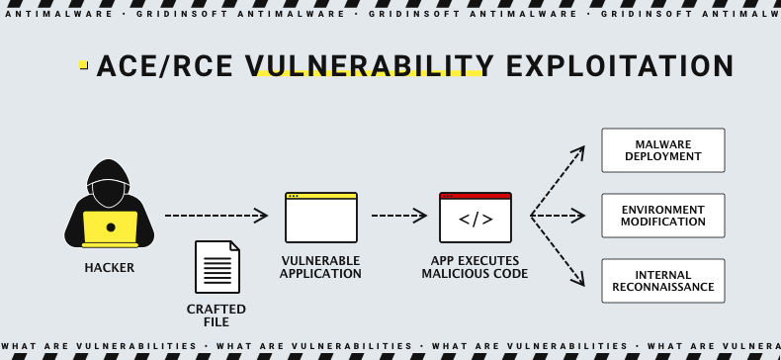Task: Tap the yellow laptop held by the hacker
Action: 110,228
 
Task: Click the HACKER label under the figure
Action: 109,268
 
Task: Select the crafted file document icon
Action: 217,267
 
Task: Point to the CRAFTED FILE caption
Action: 217,315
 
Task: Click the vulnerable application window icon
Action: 320,218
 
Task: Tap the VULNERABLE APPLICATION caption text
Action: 320,267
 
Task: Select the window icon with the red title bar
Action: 476,218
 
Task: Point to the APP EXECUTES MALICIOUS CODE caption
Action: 476,267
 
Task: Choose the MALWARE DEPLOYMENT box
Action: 663,150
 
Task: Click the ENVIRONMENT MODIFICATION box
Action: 663,216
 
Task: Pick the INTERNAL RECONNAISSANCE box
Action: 663,281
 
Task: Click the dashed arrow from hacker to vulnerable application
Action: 216,216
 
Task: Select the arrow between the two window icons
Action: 398,216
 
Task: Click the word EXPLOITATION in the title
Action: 619,67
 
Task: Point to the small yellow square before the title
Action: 84,65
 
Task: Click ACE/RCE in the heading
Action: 166,67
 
